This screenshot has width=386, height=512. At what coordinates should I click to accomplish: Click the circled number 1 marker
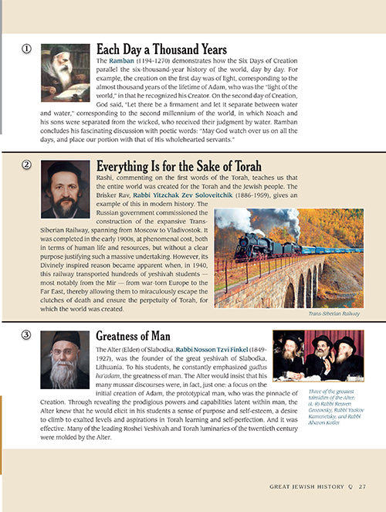tap(27, 49)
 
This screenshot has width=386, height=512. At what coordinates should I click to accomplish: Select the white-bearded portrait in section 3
tap(65, 359)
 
